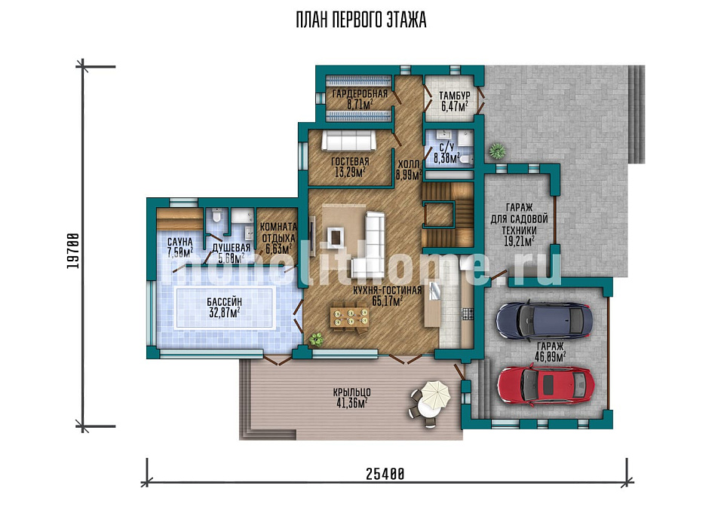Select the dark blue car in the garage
click(x=544, y=320)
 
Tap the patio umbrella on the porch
click(x=435, y=395)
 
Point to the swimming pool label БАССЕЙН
click(x=225, y=302)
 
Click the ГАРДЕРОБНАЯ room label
click(x=360, y=94)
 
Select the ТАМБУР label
click(x=454, y=96)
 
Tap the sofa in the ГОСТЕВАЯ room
click(x=348, y=140)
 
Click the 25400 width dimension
click(x=385, y=474)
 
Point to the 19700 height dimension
click(x=73, y=251)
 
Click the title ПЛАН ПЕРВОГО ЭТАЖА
click(x=361, y=20)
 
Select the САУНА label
click(x=179, y=243)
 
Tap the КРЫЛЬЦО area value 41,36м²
click(x=352, y=403)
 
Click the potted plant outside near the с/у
click(x=497, y=151)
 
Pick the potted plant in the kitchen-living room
click(x=317, y=340)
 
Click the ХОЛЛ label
click(x=409, y=164)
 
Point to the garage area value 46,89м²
click(x=551, y=356)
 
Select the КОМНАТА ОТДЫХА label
click(x=278, y=233)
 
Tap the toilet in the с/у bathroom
click(x=466, y=160)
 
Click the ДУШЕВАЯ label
click(x=232, y=248)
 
